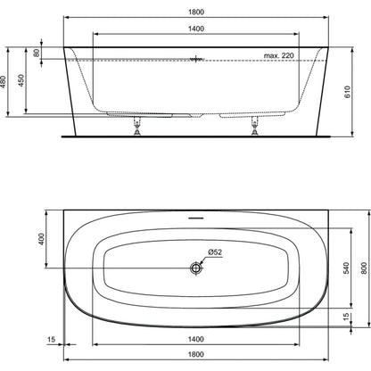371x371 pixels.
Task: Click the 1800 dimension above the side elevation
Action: [196, 12]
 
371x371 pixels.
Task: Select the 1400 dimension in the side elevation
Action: [196, 29]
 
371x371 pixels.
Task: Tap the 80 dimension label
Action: [37, 54]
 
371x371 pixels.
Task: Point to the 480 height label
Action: [3, 82]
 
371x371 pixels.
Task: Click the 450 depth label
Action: [21, 80]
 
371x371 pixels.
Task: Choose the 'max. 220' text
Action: [279, 55]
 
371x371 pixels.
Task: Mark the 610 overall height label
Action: [348, 92]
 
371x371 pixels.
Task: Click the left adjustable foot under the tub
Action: [137, 126]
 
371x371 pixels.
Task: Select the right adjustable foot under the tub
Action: [254, 126]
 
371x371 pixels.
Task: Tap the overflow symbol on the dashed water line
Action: [196, 60]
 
